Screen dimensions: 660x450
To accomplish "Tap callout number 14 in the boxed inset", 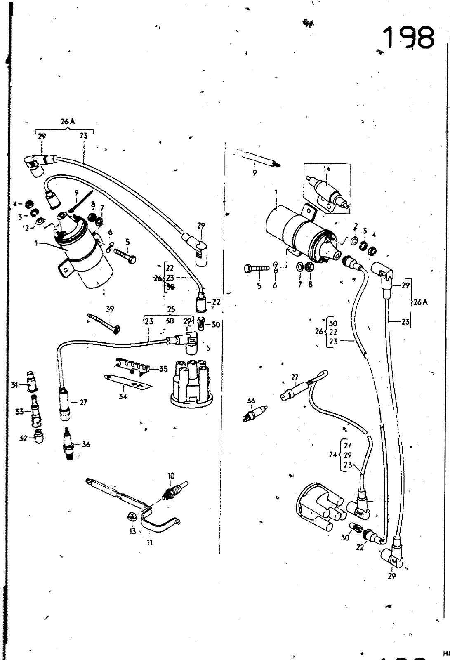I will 327,168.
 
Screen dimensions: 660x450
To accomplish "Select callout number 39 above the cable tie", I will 110,309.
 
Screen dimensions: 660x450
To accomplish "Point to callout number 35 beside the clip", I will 163,368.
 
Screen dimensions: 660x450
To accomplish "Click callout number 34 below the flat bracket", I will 123,396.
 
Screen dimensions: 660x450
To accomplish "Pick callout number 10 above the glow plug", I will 171,476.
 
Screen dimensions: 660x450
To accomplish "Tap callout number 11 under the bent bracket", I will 150,542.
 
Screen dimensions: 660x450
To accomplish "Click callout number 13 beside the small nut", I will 132,531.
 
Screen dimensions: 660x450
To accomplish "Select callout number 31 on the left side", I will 14,385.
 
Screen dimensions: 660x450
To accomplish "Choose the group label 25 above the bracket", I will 171,309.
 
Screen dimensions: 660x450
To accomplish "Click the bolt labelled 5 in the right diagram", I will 257,269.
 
